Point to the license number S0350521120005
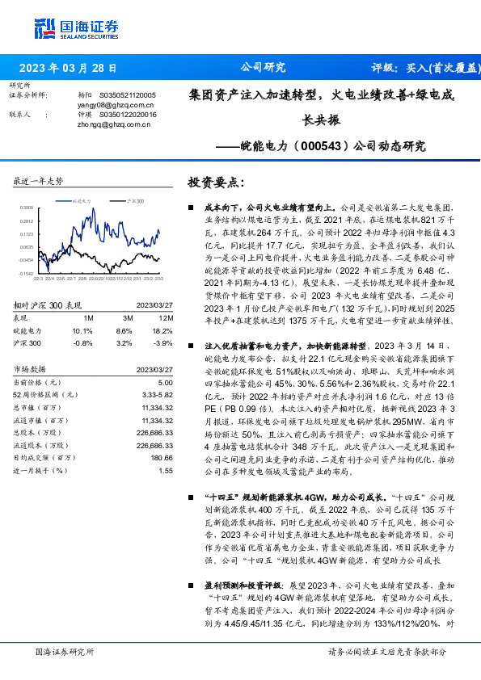(x=128, y=95)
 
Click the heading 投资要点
(x=215, y=182)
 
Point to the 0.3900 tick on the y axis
(x=27, y=208)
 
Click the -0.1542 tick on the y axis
(x=27, y=274)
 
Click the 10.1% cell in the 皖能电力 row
(x=82, y=331)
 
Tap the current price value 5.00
(x=165, y=382)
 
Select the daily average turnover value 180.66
(x=162, y=457)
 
